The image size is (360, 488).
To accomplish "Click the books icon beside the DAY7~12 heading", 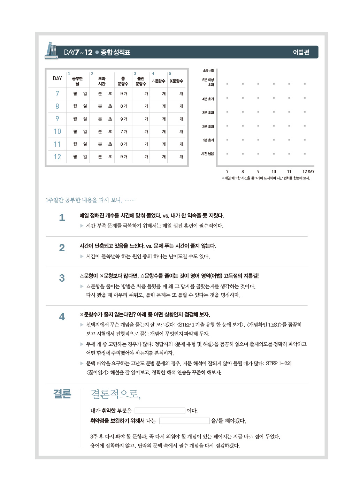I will point(51,51).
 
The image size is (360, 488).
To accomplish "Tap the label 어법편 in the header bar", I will point(301,52).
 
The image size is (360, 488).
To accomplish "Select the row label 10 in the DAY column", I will point(57,131).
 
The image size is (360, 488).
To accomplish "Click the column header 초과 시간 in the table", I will point(102,81).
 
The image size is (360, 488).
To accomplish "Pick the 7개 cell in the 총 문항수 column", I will point(124,132).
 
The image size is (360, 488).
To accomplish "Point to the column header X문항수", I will point(176,81).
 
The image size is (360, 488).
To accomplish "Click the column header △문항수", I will point(159,81).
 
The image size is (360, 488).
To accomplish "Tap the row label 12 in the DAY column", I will point(57,157).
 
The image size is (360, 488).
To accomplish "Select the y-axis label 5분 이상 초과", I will point(208,82).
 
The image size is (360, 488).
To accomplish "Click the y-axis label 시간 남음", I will point(208,154).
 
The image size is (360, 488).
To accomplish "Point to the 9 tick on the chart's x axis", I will point(258,171).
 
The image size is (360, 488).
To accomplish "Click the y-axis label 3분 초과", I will point(208,113).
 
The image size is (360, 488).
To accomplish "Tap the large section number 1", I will point(62,218).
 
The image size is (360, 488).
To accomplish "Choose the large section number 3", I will point(62,278).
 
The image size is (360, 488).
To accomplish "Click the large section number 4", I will point(62,317).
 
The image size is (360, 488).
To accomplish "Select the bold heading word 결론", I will point(62,394).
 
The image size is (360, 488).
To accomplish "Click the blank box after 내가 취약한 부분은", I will point(160,411).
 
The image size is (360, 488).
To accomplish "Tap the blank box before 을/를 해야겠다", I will point(184,421).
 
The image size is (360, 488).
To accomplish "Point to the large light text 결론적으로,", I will point(115,394).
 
